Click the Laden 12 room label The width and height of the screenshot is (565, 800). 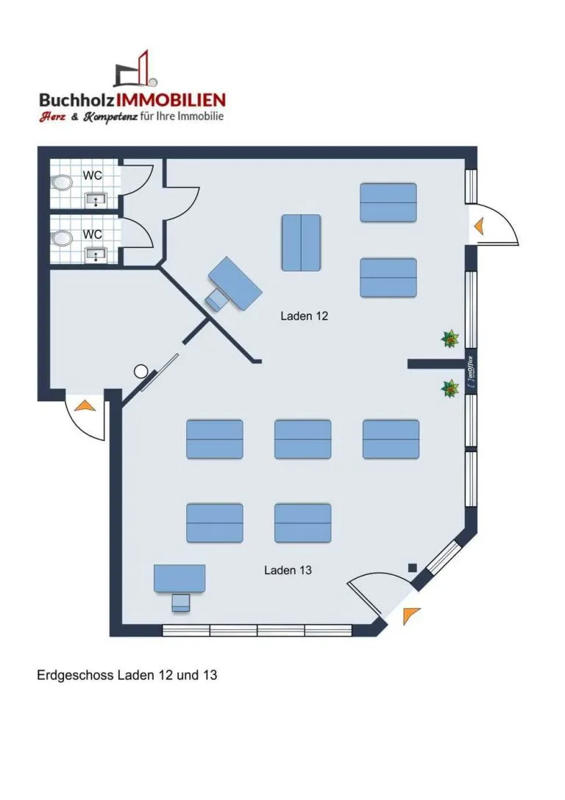[x=304, y=316]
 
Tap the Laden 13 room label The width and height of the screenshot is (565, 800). [x=288, y=570]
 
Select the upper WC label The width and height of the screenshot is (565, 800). [x=92, y=175]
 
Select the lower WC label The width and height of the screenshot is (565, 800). [x=92, y=234]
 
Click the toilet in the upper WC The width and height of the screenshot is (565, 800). [x=63, y=183]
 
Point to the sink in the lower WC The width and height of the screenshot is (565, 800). [x=96, y=254]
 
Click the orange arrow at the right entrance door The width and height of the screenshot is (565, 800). [x=478, y=225]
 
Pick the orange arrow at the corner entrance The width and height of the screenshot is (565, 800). [x=410, y=615]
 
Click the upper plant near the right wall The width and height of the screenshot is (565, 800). [x=449, y=339]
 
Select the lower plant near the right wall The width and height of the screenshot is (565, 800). [x=449, y=389]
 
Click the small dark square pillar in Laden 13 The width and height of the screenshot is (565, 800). [x=413, y=568]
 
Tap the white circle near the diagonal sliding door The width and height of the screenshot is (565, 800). [x=141, y=372]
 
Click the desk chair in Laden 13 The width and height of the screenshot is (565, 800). [x=180, y=603]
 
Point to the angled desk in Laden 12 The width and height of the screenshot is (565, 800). [x=235, y=283]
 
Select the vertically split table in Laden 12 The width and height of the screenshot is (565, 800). [x=302, y=243]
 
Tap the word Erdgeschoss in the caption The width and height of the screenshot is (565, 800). [x=76, y=676]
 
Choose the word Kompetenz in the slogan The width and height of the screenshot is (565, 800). [x=110, y=117]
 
